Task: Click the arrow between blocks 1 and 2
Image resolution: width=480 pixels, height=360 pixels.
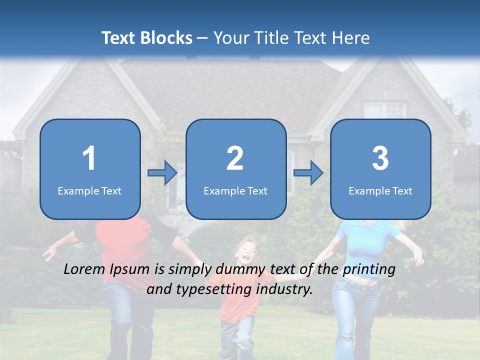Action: (x=162, y=172)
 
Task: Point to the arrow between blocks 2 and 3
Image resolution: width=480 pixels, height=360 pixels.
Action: (x=308, y=172)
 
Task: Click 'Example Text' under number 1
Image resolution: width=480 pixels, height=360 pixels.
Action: (x=89, y=191)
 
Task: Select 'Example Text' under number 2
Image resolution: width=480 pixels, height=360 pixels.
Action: (x=235, y=191)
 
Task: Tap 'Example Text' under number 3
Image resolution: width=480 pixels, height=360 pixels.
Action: (x=380, y=191)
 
